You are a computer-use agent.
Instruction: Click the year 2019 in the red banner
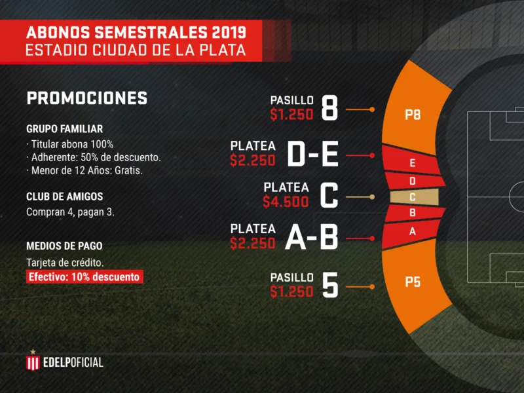[x=229, y=33]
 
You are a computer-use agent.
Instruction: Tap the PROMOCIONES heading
[x=87, y=98]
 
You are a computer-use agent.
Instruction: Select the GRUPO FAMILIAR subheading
[x=64, y=129]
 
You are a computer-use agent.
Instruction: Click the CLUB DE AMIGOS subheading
[x=64, y=196]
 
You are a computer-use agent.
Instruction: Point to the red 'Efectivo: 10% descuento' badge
[x=84, y=276]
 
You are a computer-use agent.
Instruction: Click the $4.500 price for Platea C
[x=286, y=202]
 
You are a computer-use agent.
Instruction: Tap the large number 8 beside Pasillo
[x=329, y=108]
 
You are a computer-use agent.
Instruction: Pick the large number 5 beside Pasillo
[x=330, y=285]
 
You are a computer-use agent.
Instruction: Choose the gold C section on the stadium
[x=415, y=197]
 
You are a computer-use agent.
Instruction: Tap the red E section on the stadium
[x=412, y=161]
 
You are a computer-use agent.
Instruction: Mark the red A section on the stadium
[x=411, y=233]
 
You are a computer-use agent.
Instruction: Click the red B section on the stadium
[x=415, y=214]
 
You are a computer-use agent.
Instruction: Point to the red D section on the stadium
[x=415, y=181]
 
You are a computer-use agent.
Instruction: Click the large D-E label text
[x=313, y=154]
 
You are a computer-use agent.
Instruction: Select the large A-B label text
[x=312, y=237]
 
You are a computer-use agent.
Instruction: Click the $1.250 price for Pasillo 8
[x=291, y=115]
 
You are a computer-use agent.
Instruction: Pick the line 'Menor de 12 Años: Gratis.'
[x=84, y=171]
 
